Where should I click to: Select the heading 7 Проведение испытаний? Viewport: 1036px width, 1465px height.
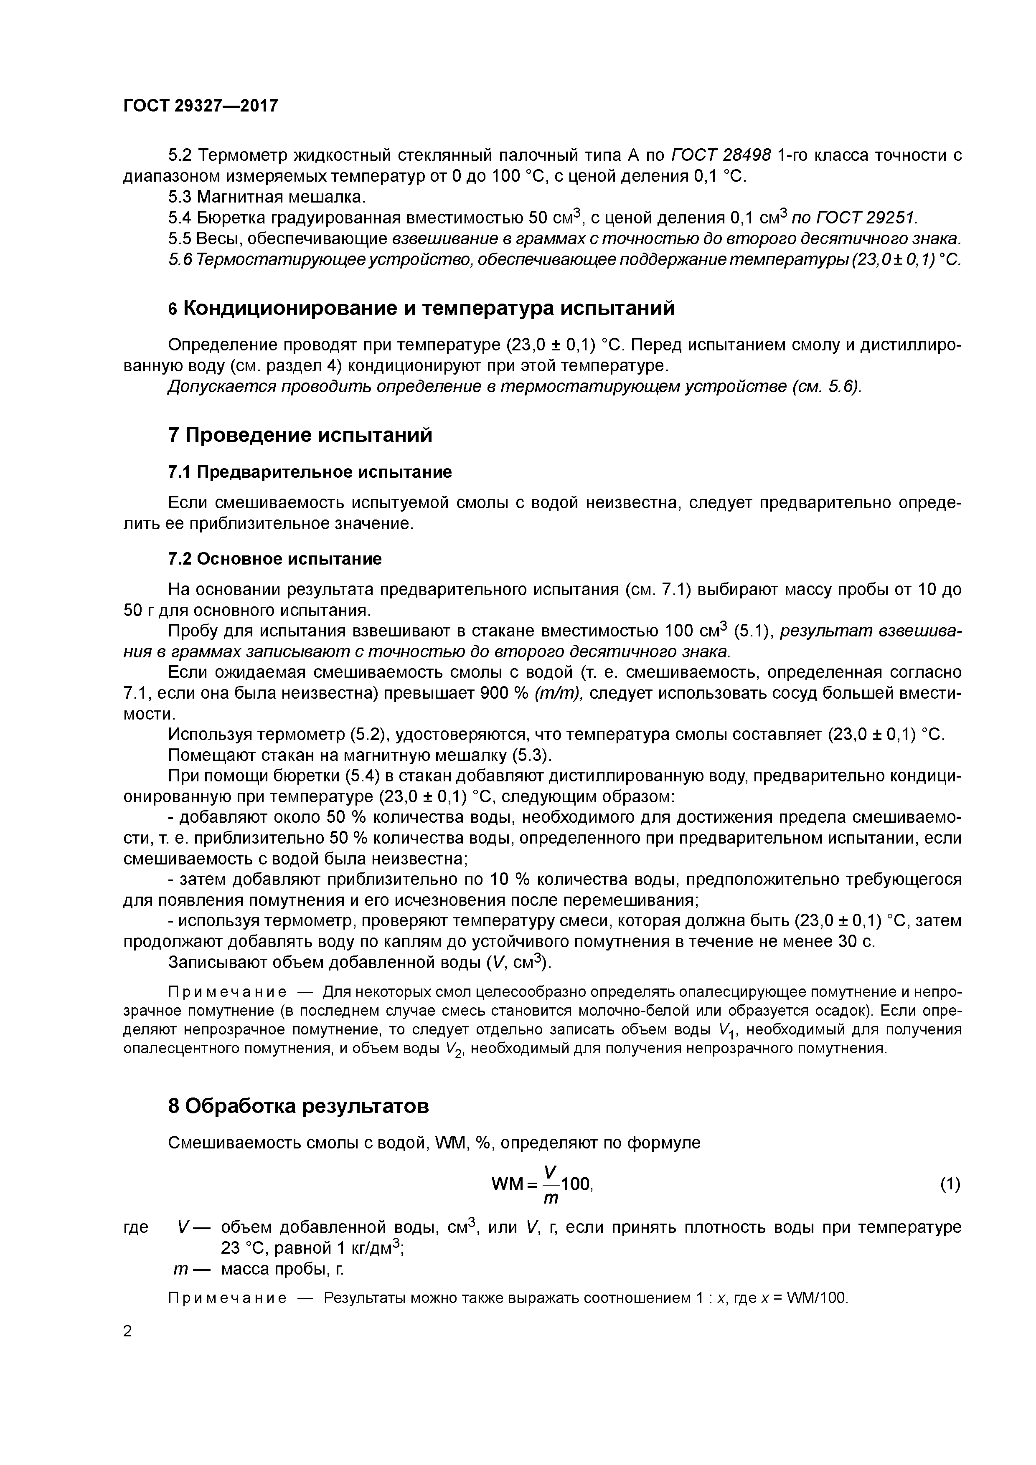[x=300, y=435]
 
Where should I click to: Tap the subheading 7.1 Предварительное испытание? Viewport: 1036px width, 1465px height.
[x=310, y=472]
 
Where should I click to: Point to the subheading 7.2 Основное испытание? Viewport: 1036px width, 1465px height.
[x=274, y=559]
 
